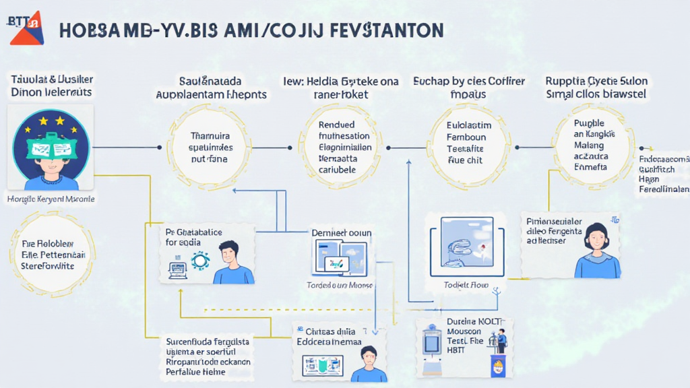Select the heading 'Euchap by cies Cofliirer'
click(468, 88)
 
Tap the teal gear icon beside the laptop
click(200, 261)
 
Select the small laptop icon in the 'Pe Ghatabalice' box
click(177, 269)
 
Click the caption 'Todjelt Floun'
click(465, 285)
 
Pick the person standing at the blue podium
click(501, 341)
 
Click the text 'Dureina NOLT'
click(471, 322)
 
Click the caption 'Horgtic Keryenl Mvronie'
click(51, 199)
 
